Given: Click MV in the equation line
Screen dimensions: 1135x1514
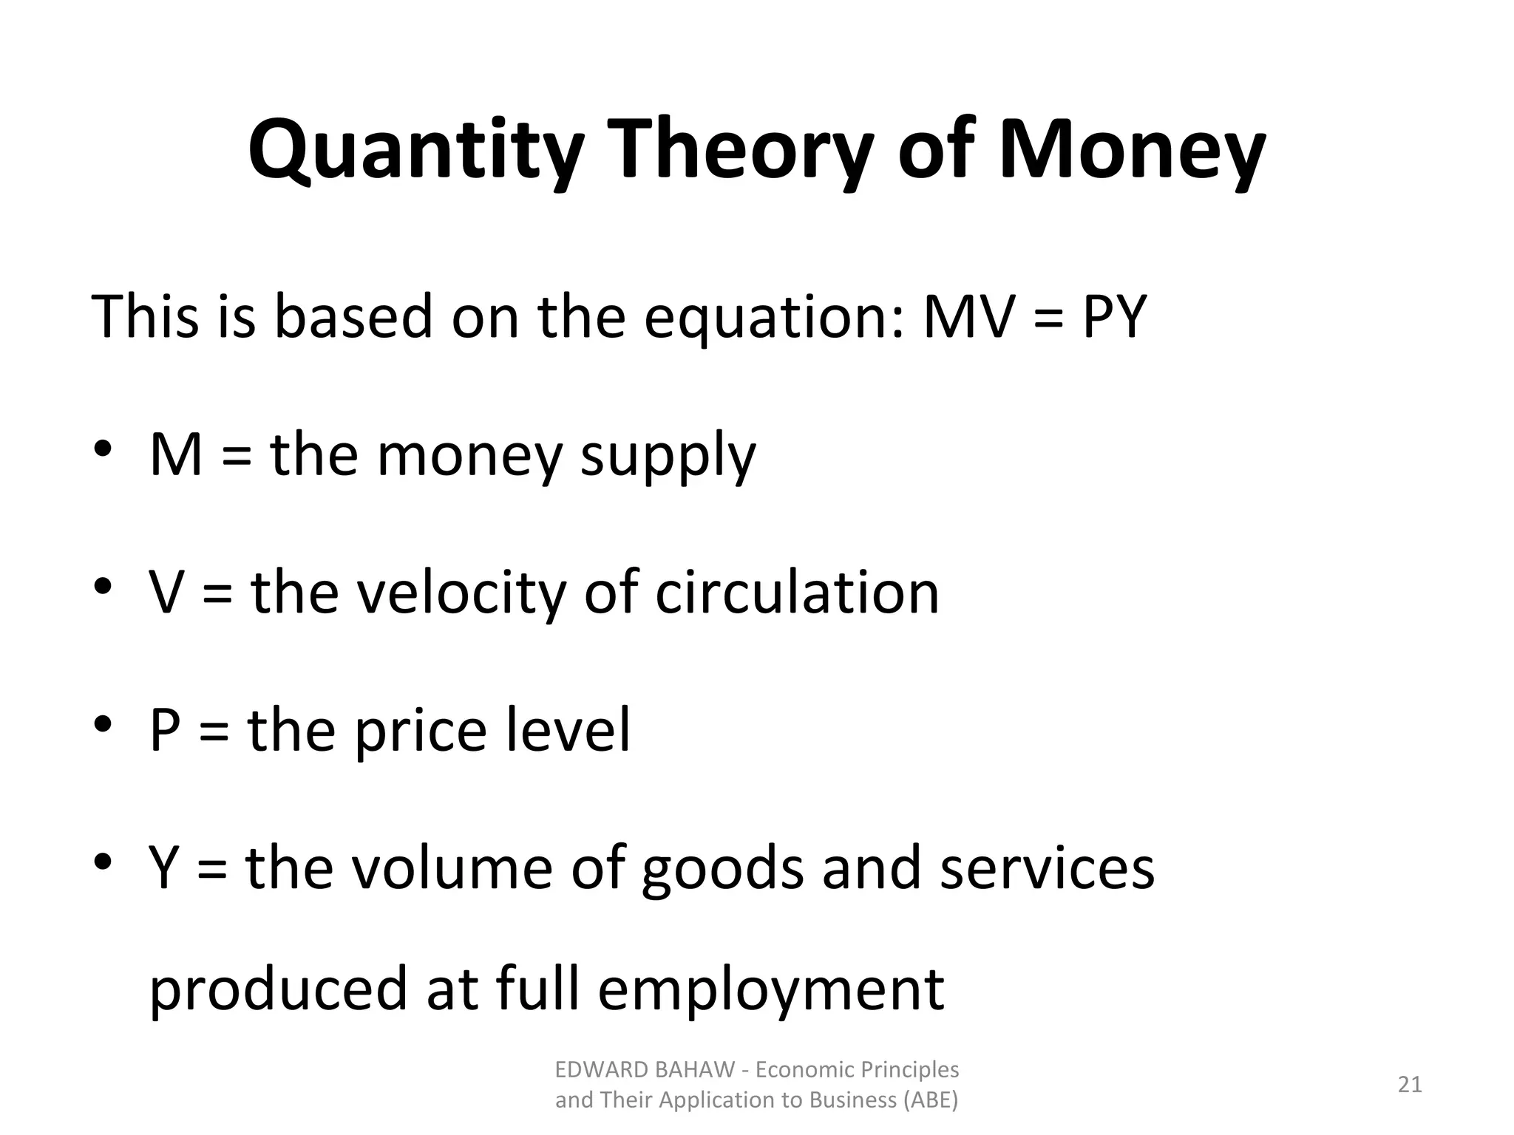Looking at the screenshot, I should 970,316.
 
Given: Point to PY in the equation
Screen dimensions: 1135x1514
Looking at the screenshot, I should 1114,316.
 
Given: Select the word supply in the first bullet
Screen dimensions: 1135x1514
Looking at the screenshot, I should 668,457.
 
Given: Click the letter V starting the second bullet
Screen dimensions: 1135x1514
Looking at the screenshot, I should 166,593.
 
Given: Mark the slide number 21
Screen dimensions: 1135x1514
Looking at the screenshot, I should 1410,1085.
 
